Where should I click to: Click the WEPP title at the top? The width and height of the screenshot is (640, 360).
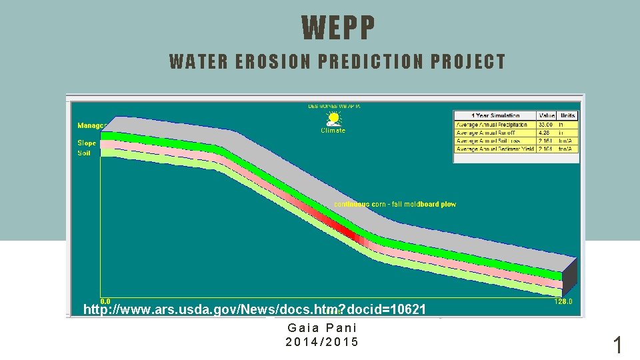[x=339, y=28]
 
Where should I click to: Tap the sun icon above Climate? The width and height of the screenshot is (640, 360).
[x=333, y=119]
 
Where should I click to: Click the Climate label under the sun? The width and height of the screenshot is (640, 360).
[x=333, y=131]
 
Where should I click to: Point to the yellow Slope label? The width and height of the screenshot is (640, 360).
[x=87, y=143]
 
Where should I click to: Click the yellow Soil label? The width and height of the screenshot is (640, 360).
[x=85, y=153]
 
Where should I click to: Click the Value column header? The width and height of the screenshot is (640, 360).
[x=547, y=115]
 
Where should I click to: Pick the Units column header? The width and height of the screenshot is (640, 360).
[x=568, y=115]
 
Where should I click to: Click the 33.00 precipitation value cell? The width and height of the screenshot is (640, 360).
[x=547, y=125]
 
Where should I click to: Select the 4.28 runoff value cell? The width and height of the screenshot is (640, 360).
[x=547, y=133]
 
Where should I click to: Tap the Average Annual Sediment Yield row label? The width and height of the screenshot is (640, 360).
[x=495, y=149]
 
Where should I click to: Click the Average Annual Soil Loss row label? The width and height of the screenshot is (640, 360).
[x=495, y=141]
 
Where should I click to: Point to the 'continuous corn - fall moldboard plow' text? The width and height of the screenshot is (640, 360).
[x=395, y=204]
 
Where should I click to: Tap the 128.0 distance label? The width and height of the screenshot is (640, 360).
[x=563, y=302]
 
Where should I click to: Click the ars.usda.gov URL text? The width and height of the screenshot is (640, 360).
[x=254, y=309]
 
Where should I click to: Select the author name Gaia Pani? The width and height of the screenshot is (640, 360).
[x=322, y=328]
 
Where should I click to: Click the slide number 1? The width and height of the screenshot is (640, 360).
[x=617, y=345]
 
